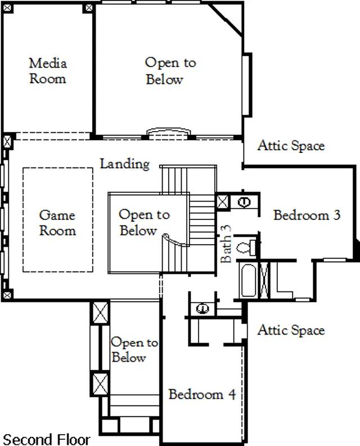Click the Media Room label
48,70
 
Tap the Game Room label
57,222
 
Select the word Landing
125,164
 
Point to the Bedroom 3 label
307,215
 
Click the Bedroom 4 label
202,394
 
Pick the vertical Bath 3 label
226,244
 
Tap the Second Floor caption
46,439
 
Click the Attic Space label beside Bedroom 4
291,330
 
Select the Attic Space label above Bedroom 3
291,146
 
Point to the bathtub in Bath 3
249,281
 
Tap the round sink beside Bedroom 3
244,202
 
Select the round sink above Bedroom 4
202,308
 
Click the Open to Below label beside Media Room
170,71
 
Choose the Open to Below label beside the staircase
144,222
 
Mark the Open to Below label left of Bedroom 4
134,349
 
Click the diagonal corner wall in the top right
226,19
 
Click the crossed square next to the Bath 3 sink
223,202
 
